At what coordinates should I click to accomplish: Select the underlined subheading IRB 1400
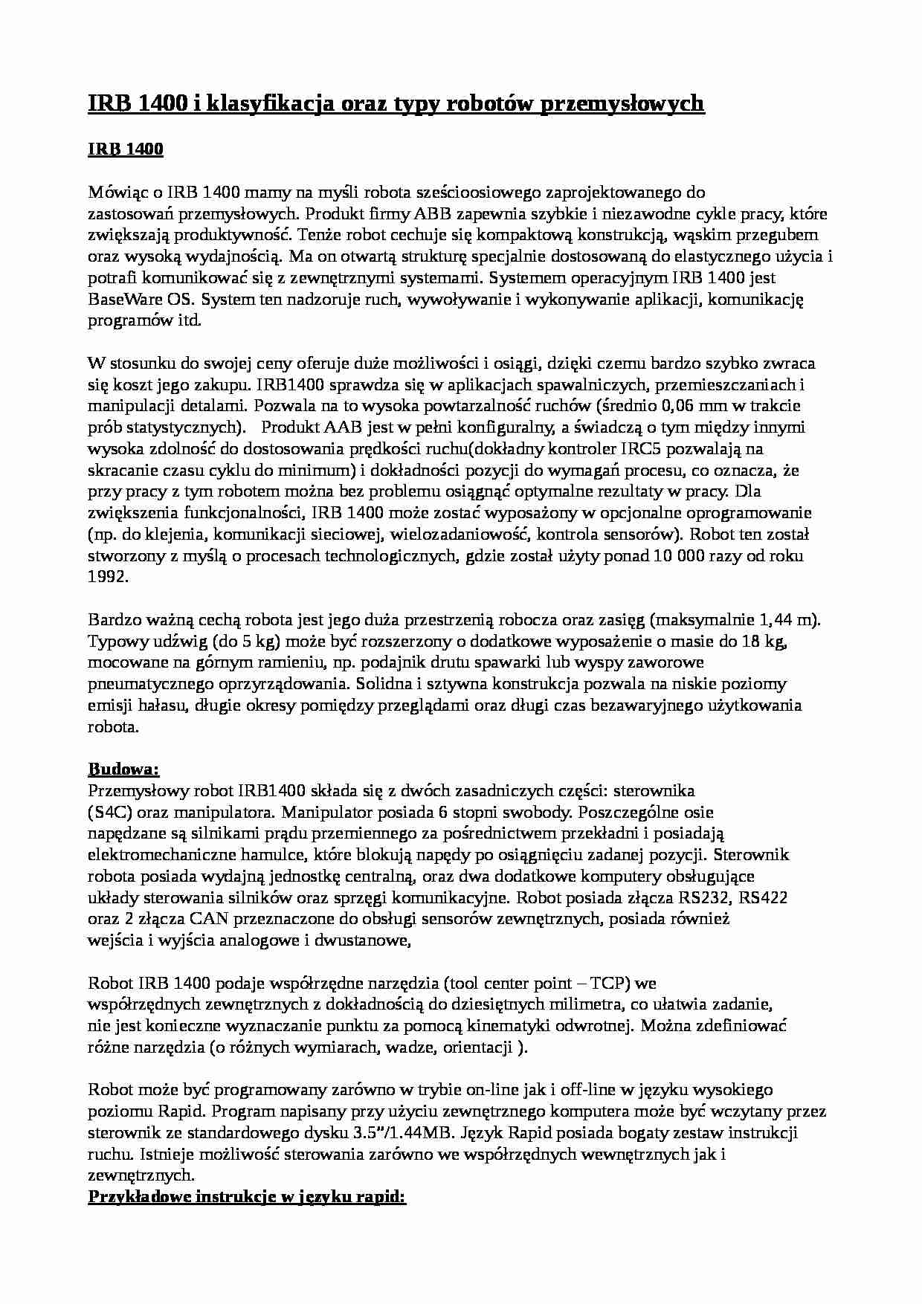[125, 149]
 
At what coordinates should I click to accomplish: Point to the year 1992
[109, 578]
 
